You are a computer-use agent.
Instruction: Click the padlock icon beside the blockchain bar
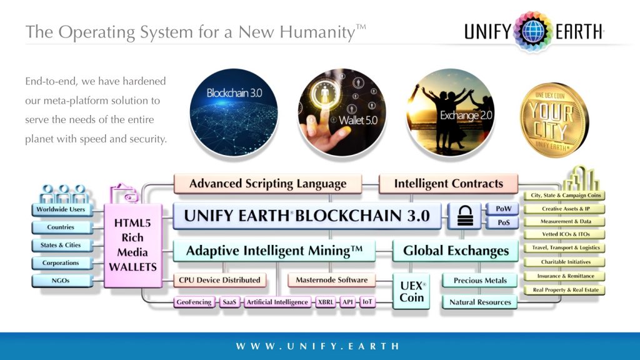466,216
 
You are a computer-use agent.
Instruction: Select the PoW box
503,208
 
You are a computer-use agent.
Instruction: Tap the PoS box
503,222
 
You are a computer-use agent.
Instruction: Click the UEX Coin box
412,291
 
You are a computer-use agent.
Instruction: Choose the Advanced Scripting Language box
267,184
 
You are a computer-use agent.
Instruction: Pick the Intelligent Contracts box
448,184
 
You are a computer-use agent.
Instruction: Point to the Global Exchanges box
456,251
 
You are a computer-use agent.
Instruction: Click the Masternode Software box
332,280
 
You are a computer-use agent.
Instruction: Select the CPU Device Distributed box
219,280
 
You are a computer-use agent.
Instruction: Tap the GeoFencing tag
194,302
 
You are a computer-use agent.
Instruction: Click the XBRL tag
326,302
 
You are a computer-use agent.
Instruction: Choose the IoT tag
367,302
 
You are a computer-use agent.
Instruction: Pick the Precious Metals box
480,281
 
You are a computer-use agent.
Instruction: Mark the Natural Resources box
480,302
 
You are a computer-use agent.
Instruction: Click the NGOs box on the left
61,281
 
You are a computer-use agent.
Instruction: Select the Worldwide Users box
61,209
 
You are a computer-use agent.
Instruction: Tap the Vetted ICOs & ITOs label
565,234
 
